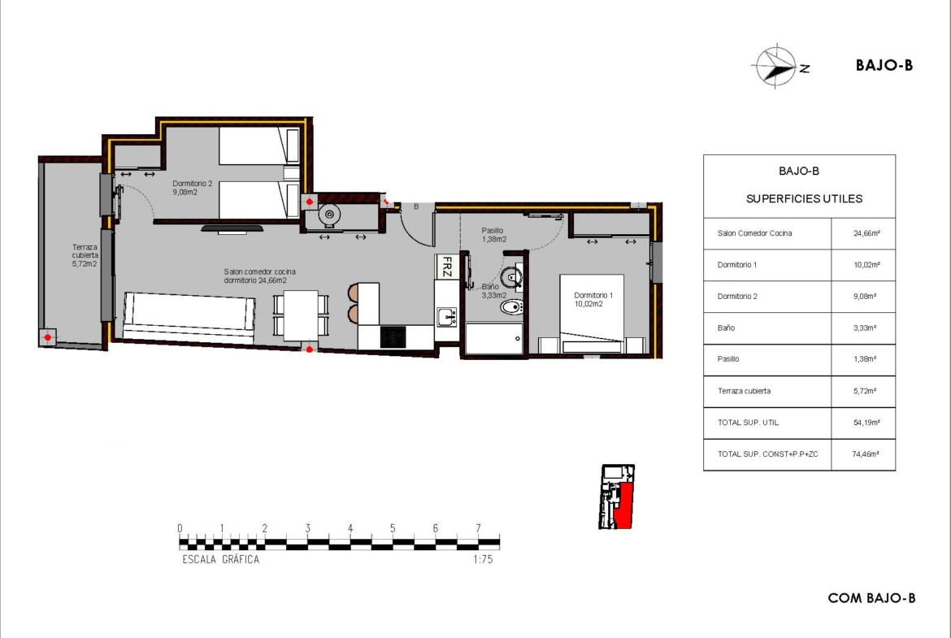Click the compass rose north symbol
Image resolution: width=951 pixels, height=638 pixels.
tap(775, 67)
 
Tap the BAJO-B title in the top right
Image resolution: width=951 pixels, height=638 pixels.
tap(884, 66)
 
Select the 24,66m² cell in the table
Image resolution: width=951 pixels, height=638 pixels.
tap(866, 233)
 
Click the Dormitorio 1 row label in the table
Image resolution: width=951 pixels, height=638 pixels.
tap(737, 265)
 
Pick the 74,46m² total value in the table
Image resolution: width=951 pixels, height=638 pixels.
tap(866, 454)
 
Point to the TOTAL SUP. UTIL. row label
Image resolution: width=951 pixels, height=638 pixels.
tap(748, 423)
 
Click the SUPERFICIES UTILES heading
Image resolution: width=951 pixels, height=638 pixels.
tap(804, 199)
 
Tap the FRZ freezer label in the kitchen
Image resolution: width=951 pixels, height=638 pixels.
tap(447, 267)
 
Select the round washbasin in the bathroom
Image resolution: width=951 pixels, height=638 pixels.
tap(512, 276)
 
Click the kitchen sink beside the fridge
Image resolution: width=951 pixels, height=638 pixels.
tap(447, 317)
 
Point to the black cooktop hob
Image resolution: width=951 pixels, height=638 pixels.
tap(393, 337)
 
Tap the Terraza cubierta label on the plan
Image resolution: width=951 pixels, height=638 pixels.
tap(85, 255)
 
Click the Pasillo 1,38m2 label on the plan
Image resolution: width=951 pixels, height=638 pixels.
tap(493, 235)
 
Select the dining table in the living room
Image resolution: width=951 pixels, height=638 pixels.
tap(301, 315)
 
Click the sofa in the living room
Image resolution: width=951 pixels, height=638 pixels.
tap(189, 315)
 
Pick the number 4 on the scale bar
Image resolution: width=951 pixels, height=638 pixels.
tap(350, 528)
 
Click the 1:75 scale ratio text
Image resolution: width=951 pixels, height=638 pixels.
tap(483, 560)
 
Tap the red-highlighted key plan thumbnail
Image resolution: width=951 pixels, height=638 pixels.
tap(617, 497)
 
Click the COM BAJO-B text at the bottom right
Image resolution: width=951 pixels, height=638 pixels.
tap(871, 598)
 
